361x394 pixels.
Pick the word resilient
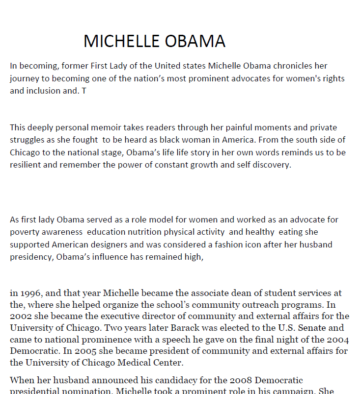point(26,165)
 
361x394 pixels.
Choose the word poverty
point(24,232)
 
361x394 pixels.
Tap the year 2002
point(20,317)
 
